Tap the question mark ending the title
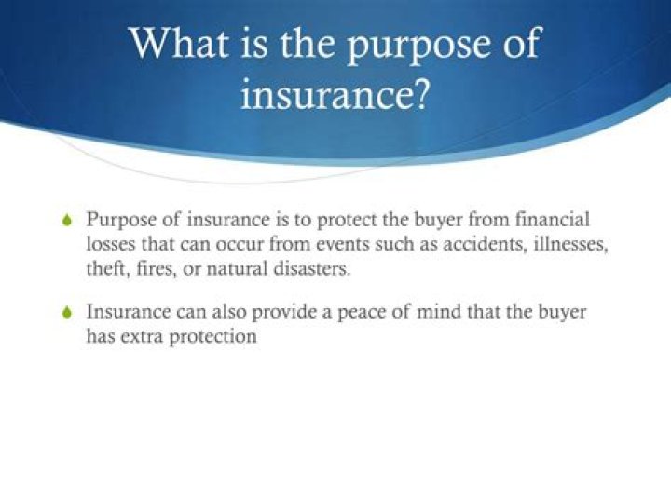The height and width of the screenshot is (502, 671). tap(421, 94)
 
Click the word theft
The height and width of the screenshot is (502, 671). tap(107, 268)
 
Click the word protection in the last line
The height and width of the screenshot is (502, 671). tap(214, 336)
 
